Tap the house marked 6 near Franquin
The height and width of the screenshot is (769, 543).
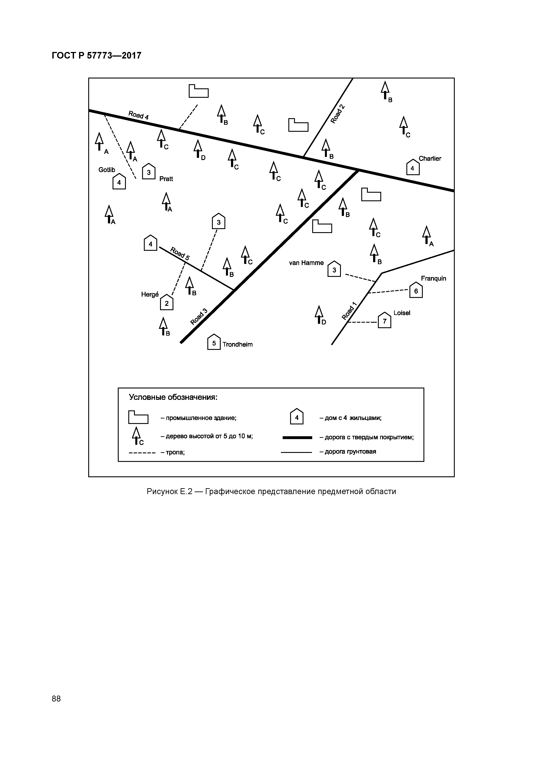[416, 290]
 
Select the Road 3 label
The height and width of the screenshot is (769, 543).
[199, 317]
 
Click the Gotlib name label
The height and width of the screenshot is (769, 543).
[107, 170]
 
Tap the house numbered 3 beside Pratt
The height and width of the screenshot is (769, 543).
[149, 172]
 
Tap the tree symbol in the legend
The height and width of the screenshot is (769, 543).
[136, 436]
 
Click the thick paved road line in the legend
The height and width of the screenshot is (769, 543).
[297, 437]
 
